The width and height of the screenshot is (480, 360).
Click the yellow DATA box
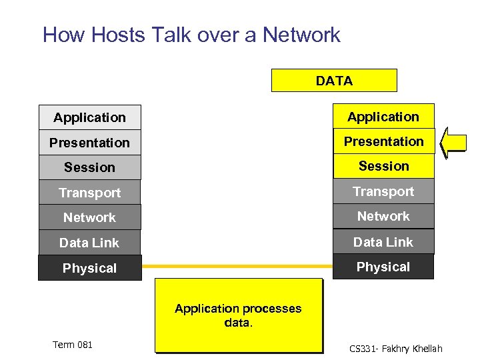click(x=334, y=81)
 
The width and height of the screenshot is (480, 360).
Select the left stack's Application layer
click(x=90, y=117)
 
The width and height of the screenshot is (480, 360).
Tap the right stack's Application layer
click(x=383, y=117)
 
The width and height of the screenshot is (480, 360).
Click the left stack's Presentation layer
click(x=90, y=143)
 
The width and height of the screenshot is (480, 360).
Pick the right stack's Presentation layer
click(x=383, y=141)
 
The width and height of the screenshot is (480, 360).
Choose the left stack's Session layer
click(x=90, y=167)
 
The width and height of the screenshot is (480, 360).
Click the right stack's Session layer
click(x=383, y=166)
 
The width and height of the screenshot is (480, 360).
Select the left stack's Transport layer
click(x=90, y=193)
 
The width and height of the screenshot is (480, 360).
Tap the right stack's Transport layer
click(x=383, y=191)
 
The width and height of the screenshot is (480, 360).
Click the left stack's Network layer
click(x=90, y=217)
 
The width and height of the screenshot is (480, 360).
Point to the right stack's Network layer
click(x=383, y=216)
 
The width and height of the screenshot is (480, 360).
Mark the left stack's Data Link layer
click(x=90, y=243)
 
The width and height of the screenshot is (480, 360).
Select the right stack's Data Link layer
click(x=383, y=241)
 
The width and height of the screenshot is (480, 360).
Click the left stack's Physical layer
click(x=90, y=268)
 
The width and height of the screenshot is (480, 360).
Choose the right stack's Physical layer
click(x=383, y=267)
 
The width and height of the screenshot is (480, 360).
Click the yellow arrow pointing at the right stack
click(x=455, y=141)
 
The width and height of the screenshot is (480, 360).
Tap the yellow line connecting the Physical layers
click(x=237, y=266)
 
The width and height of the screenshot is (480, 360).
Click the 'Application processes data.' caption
click(x=238, y=315)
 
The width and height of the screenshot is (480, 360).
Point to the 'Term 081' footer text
click(x=73, y=345)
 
